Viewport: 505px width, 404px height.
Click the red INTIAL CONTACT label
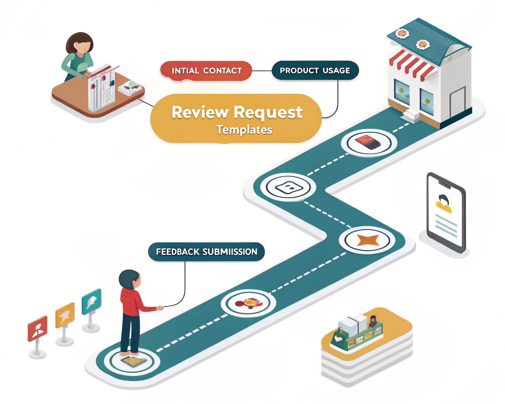tap(206, 71)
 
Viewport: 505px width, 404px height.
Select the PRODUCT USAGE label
tap(315, 71)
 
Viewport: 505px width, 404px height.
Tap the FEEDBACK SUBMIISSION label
tap(206, 252)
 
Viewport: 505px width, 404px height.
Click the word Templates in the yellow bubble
tap(244, 130)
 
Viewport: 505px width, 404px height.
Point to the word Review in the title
tap(200, 112)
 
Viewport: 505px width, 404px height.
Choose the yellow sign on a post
tap(65, 315)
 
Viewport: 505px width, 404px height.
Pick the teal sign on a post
tap(92, 301)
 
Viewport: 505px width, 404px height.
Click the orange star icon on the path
tap(368, 240)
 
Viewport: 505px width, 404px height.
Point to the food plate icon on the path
tap(249, 303)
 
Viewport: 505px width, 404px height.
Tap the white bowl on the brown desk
tap(130, 87)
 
